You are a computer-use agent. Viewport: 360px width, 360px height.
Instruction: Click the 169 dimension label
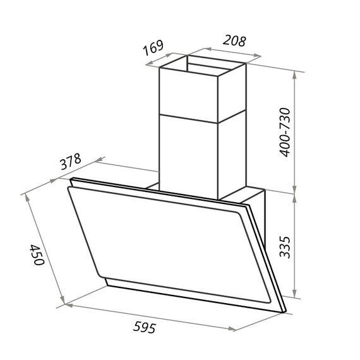153,48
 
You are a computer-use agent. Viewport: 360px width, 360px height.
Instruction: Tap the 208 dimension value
234,41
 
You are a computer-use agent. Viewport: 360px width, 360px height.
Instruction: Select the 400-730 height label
285,132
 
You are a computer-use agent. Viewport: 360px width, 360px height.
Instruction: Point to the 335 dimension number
285,247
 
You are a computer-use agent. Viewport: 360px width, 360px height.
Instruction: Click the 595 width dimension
145,327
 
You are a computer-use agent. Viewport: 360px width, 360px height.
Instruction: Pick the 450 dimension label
37,255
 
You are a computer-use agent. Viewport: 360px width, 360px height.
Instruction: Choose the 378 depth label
71,162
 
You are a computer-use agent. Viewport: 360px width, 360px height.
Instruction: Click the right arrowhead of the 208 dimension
257,55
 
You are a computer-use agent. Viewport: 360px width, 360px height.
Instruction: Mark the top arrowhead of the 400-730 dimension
295,75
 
